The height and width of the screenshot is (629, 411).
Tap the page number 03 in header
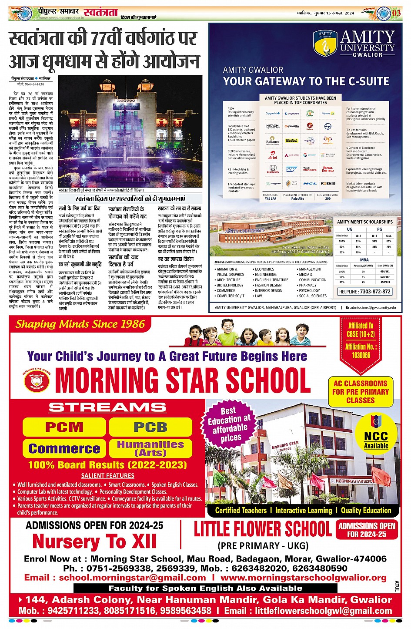[396, 13]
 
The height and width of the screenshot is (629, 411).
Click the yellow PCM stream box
[64, 427]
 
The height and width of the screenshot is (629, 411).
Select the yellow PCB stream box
[150, 427]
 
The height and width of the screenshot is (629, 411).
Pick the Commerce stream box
[64, 448]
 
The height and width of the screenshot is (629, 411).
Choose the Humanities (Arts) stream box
[150, 448]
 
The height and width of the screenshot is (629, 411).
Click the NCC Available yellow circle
[376, 437]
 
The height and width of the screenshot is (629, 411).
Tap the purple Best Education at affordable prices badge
[230, 424]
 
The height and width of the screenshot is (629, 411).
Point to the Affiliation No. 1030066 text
[361, 351]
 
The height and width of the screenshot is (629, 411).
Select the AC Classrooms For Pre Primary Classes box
[360, 392]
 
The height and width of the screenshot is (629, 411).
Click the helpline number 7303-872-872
[364, 291]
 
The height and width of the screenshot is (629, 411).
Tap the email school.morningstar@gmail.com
[132, 578]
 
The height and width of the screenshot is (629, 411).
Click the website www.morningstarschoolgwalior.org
[303, 578]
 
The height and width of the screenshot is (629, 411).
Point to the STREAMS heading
[107, 407]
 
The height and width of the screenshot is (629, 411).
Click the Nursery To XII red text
[94, 542]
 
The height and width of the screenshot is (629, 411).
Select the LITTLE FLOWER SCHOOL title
[262, 529]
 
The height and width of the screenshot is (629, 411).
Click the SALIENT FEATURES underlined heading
[107, 476]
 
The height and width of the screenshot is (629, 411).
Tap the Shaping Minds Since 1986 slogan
[80, 324]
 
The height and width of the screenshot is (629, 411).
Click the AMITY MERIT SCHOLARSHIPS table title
[364, 222]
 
